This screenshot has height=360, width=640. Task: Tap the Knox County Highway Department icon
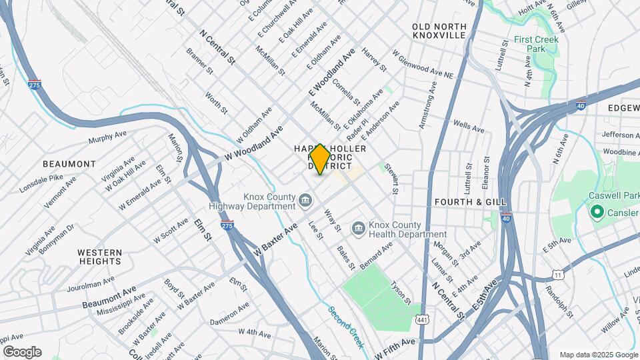click(x=305, y=199)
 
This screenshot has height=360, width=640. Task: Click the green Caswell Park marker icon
click(x=596, y=212)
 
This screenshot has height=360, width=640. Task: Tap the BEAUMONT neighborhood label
click(x=69, y=164)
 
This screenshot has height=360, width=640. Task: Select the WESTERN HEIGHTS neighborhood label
click(x=99, y=257)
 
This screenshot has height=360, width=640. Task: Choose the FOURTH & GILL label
click(x=470, y=202)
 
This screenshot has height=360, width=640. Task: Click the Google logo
click(x=22, y=352)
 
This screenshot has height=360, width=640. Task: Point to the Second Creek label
click(x=346, y=327)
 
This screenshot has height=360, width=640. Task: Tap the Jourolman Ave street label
click(x=93, y=285)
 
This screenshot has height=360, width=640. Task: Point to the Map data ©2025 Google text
click(x=598, y=355)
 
